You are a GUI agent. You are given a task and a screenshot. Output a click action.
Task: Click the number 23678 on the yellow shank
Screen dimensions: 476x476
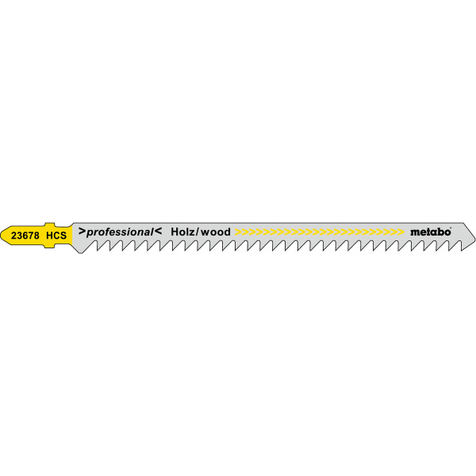25,236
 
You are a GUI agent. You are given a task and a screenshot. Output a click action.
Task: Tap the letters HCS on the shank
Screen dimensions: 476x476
56,236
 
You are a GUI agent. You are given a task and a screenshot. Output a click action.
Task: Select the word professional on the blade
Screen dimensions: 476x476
120,232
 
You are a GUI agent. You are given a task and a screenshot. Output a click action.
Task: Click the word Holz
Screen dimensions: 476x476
182,232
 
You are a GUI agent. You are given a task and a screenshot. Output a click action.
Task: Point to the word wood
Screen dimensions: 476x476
216,232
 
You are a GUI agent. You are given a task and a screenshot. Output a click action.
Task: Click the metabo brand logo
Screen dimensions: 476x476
430,232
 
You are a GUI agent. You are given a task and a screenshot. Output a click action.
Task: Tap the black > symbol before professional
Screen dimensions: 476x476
82,231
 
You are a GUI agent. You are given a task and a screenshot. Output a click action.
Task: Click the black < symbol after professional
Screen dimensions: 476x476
158,231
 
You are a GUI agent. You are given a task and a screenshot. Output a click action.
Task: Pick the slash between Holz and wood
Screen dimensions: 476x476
198,232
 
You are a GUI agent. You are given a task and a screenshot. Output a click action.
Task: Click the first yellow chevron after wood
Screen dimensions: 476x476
238,232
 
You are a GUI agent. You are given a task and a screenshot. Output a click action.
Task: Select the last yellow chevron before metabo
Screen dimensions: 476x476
401,232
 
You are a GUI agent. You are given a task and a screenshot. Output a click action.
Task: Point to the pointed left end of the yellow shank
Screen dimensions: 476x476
1,235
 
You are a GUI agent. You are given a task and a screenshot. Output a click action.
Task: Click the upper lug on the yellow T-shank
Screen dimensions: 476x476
49,225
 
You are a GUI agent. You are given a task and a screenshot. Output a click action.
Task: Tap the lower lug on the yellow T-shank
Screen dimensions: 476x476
49,246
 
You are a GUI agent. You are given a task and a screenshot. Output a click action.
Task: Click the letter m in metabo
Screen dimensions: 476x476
414,232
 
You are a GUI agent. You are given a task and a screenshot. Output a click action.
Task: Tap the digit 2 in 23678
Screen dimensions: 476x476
13,236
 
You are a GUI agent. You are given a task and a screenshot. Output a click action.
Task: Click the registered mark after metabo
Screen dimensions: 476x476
451,228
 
